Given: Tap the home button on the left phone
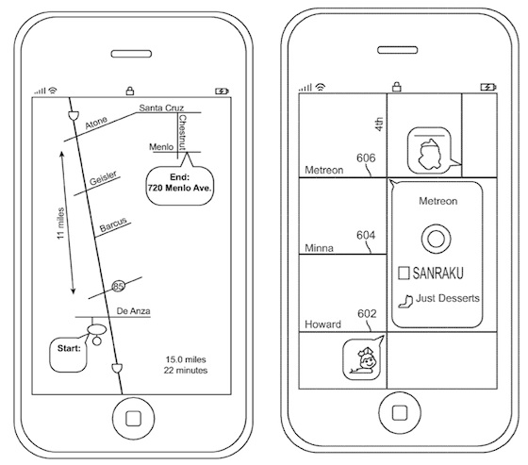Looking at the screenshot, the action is coord(133,418).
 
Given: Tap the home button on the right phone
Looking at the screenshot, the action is coord(400,413).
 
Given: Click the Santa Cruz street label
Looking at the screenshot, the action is coord(161,108).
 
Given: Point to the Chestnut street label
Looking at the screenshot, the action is coord(182,132).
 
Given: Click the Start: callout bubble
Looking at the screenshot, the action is coord(68,354).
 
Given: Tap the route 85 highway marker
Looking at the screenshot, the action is coord(118,286).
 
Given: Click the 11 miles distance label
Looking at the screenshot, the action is coord(60,224).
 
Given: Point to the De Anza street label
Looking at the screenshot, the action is coord(133,311).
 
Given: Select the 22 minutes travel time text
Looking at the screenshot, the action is coord(186,371).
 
